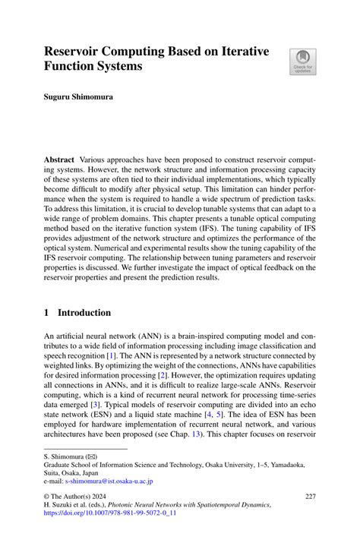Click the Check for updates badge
[303, 62]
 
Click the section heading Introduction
[84, 312]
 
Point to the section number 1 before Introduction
[46, 312]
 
